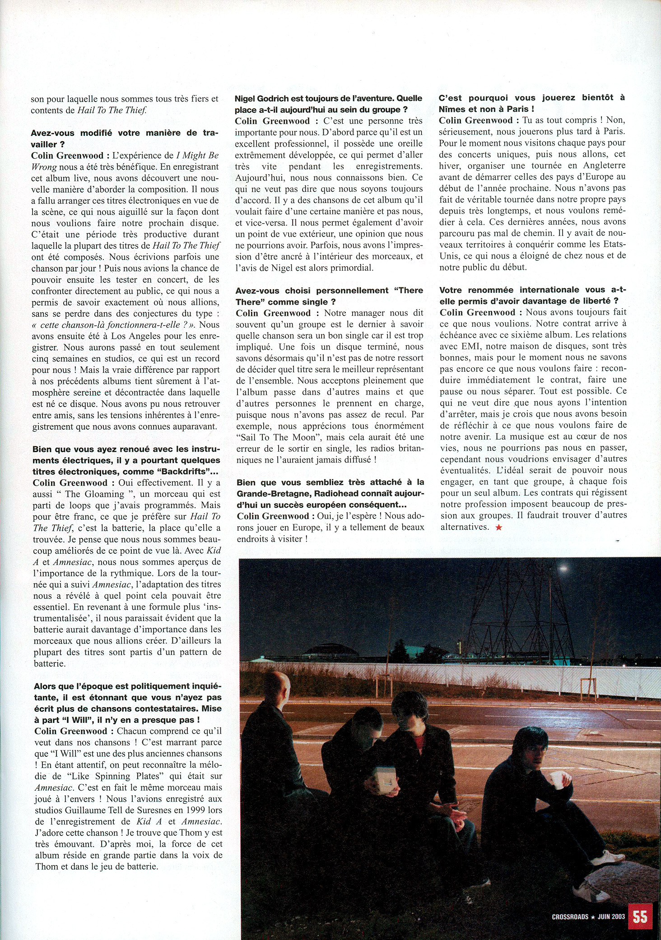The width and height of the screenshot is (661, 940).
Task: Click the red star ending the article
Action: click(x=498, y=528)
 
